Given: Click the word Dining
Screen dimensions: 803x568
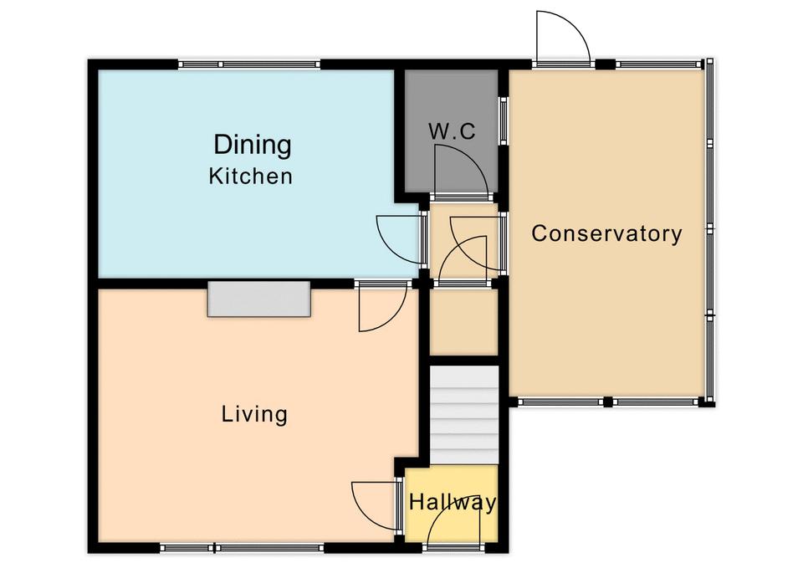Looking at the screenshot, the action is pyautogui.click(x=253, y=145).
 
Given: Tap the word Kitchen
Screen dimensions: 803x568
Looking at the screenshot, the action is pyautogui.click(x=250, y=177).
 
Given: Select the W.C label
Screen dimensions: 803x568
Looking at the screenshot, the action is pyautogui.click(x=452, y=131).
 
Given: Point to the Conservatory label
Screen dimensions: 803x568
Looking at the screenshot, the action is pyautogui.click(x=607, y=233).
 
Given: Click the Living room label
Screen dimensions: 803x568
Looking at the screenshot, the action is pyautogui.click(x=254, y=414).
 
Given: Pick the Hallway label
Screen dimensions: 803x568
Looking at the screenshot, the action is pyautogui.click(x=453, y=503).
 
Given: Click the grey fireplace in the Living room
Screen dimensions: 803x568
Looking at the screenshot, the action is pyautogui.click(x=259, y=299).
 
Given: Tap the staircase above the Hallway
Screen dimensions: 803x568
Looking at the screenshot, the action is pyautogui.click(x=463, y=415).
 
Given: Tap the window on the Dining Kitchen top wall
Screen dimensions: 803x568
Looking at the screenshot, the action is pyautogui.click(x=249, y=64).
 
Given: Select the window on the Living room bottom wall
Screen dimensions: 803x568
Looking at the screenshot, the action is pyautogui.click(x=242, y=548).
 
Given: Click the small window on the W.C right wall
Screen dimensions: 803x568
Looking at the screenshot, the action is pyautogui.click(x=504, y=120).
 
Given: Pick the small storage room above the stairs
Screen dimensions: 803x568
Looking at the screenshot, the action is pyautogui.click(x=463, y=322).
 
